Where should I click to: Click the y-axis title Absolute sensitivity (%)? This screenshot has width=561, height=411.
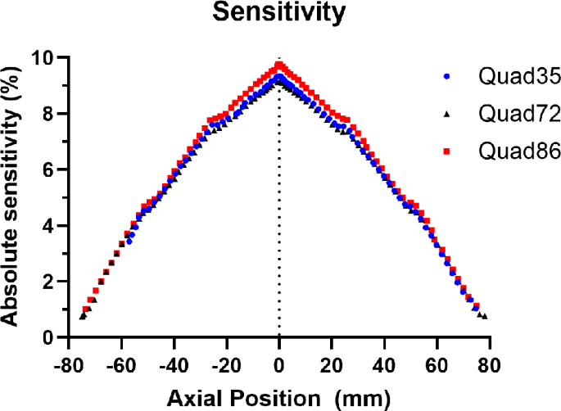13,196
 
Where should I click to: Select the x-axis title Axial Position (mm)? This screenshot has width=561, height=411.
280,398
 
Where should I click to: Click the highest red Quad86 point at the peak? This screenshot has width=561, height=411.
279,64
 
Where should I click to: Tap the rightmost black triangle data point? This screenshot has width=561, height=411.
485,316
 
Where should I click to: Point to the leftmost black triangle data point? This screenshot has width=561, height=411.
82,315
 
